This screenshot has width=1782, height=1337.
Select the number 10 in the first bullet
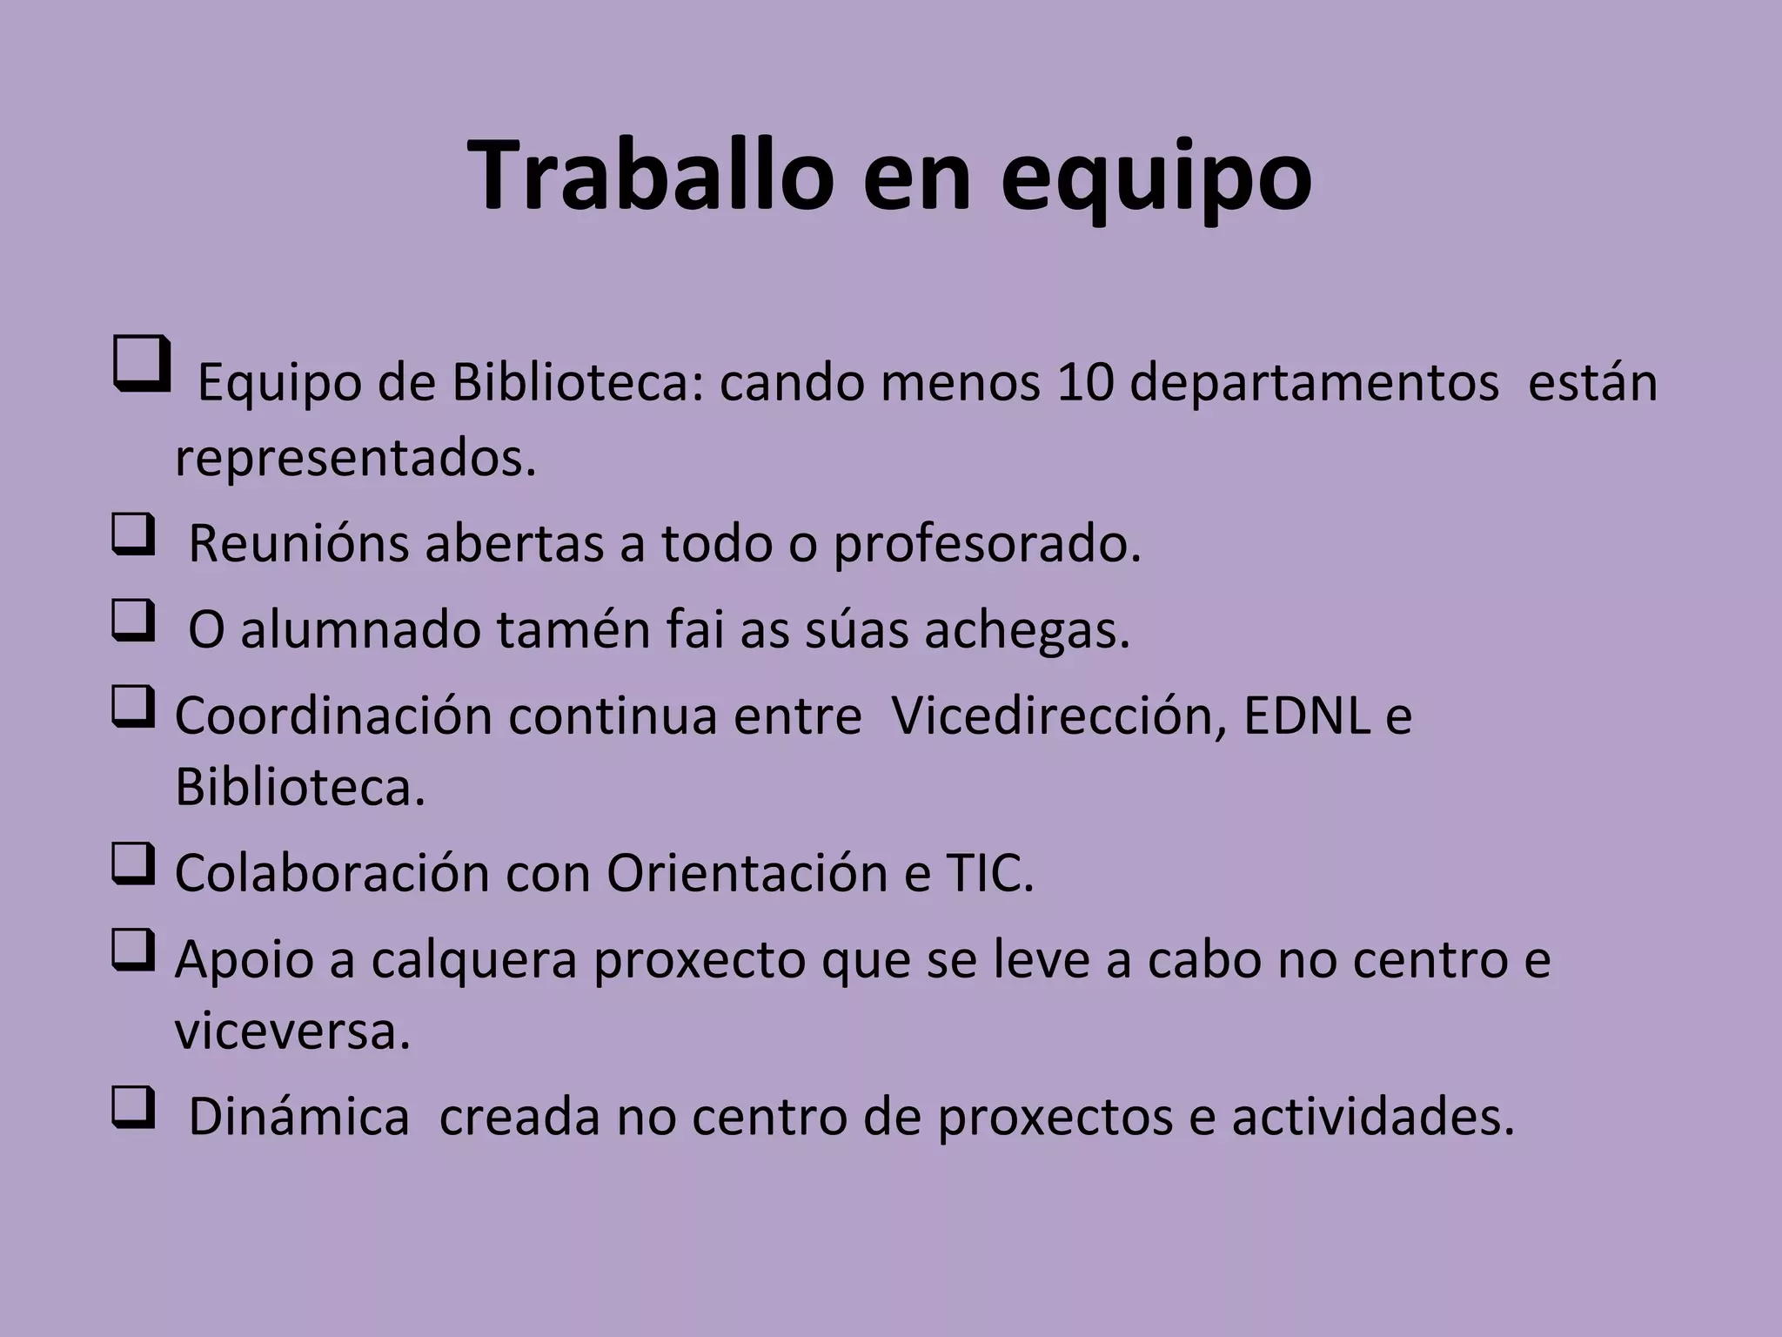pyautogui.click(x=1085, y=382)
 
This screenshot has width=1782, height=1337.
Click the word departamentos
pyautogui.click(x=1314, y=384)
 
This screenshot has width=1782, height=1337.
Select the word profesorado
pyautogui.click(x=987, y=545)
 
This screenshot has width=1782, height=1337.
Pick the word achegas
pyautogui.click(x=1027, y=631)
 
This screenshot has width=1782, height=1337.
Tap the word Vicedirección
pyautogui.click(x=1058, y=716)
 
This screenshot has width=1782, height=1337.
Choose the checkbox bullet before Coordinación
pyautogui.click(x=133, y=707)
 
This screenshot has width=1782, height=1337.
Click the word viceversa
pyautogui.click(x=292, y=1031)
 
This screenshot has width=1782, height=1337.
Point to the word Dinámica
pyautogui.click(x=298, y=1117)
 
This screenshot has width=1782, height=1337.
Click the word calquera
pyautogui.click(x=474, y=960)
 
